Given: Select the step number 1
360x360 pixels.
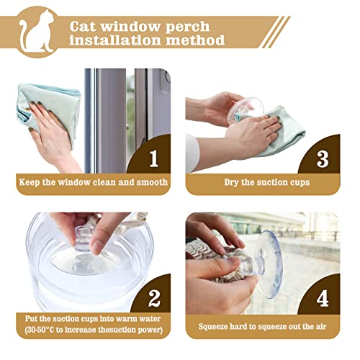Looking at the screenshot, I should tap(153, 156).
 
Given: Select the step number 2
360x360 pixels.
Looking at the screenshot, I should tap(152, 296).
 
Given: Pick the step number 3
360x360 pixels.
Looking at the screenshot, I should tap(323, 156).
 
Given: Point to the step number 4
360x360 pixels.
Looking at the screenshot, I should tap(323, 296).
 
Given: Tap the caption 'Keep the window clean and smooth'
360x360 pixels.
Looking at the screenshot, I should tap(93, 182).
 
